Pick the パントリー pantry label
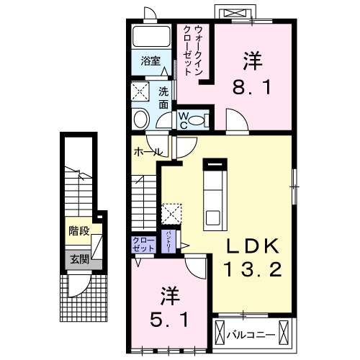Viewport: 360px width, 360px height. (168, 240)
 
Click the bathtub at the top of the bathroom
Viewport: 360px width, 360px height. (152, 37)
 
